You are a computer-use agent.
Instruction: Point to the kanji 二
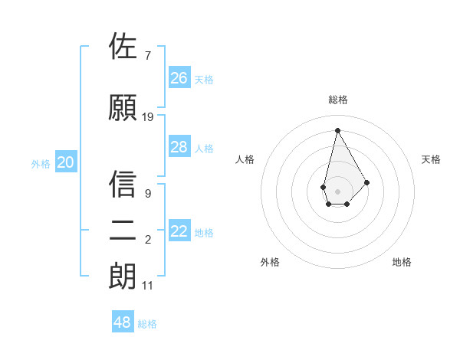[123, 231]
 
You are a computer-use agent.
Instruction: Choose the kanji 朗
[123, 277]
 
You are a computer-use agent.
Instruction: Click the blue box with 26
[179, 77]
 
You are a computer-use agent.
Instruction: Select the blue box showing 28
[179, 147]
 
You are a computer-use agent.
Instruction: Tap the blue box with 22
[179, 231]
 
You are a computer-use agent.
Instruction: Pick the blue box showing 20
[66, 162]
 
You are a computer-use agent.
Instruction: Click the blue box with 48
[123, 322]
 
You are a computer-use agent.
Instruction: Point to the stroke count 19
[148, 117]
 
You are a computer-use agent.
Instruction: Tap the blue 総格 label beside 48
[147, 324]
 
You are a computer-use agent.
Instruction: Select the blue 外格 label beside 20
[41, 163]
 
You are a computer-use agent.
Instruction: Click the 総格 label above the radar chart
[337, 100]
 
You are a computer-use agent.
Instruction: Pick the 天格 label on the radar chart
[432, 159]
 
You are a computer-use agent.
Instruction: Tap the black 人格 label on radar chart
[245, 159]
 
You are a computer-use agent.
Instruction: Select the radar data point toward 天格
[366, 182]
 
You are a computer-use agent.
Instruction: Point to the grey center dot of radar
[337, 191]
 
